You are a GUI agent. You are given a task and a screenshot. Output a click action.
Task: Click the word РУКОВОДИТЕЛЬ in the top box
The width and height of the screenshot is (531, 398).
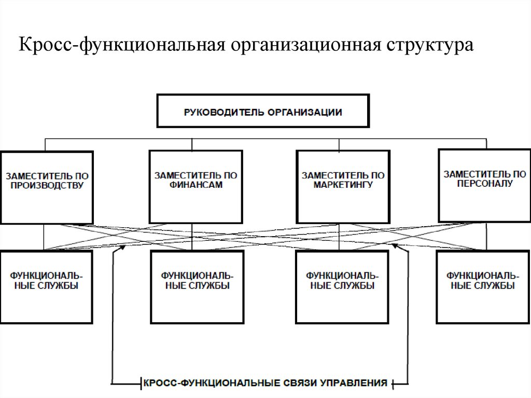221,112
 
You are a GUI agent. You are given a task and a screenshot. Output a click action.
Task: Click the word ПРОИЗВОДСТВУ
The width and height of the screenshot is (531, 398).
47,185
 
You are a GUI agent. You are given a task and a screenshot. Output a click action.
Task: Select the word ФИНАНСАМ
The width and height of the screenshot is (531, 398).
195,185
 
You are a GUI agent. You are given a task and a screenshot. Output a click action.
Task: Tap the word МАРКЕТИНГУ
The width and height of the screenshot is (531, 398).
343,185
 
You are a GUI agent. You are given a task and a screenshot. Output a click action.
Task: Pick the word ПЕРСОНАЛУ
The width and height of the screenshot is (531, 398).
484,184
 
